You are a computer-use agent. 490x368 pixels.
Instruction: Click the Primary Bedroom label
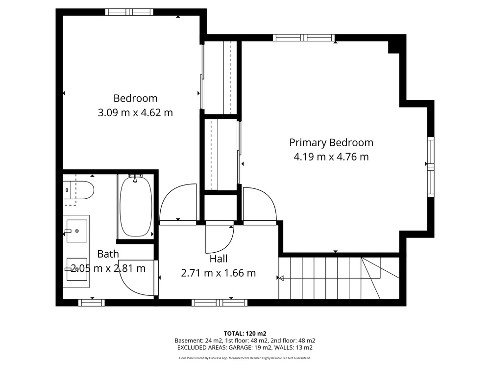tap(331, 143)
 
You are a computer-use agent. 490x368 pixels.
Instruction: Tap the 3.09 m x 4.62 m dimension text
tap(135, 112)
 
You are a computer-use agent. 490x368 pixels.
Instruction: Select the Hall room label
tap(219, 259)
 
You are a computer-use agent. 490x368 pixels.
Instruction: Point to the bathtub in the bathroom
tap(136, 206)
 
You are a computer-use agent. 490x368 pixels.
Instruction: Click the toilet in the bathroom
tap(78, 190)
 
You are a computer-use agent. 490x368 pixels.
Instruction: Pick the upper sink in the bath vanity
tap(76, 231)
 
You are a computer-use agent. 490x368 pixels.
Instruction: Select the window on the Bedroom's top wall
tap(129, 12)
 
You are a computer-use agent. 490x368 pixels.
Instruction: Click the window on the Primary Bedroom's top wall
tap(304, 38)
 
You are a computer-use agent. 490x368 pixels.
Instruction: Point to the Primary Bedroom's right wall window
tap(431, 167)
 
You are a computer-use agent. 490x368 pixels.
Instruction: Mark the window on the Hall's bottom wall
tap(220, 303)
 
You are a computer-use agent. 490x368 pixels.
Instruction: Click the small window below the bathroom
tap(91, 303)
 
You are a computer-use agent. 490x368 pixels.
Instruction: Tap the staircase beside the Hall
tap(339, 278)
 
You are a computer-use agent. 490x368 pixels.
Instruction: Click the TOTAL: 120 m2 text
tap(245, 334)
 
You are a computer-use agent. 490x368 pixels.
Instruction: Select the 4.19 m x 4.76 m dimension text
tap(331, 157)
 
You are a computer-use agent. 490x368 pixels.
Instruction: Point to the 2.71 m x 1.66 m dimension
tap(219, 273)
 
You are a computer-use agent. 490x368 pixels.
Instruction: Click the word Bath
tap(108, 254)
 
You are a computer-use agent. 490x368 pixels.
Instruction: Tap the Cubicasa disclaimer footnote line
tap(245, 358)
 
